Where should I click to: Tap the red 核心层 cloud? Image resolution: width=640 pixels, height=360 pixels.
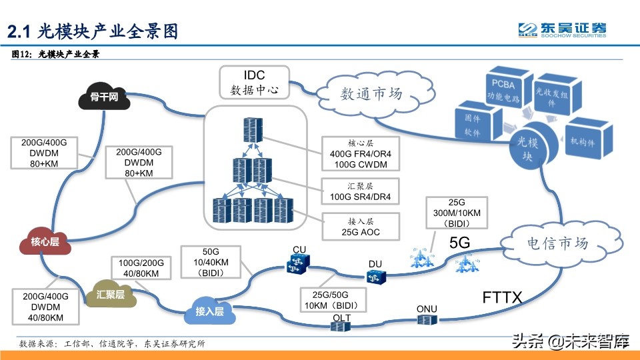pos(45,242)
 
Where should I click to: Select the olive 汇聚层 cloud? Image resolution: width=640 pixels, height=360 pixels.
pos(111,293)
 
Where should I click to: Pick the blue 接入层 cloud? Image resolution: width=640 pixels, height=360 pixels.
pos(209,311)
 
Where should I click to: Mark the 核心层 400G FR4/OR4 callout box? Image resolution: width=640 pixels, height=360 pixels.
pos(360,153)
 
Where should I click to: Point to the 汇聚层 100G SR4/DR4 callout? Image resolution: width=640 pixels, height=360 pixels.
pos(360,191)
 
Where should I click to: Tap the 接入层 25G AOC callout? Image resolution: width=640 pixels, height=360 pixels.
pos(360,226)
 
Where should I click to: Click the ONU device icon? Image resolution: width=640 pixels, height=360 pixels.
pos(426,320)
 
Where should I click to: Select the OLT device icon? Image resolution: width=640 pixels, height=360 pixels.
pos(341,325)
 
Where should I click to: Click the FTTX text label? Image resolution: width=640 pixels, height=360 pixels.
pos(502,297)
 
